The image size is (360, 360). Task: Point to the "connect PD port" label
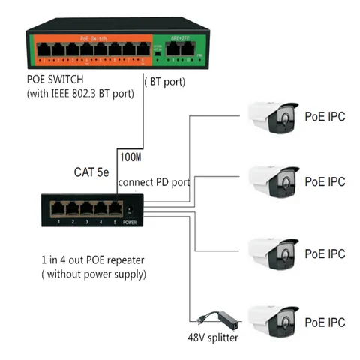coord(154,182)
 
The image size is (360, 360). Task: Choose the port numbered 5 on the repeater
coord(116,208)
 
